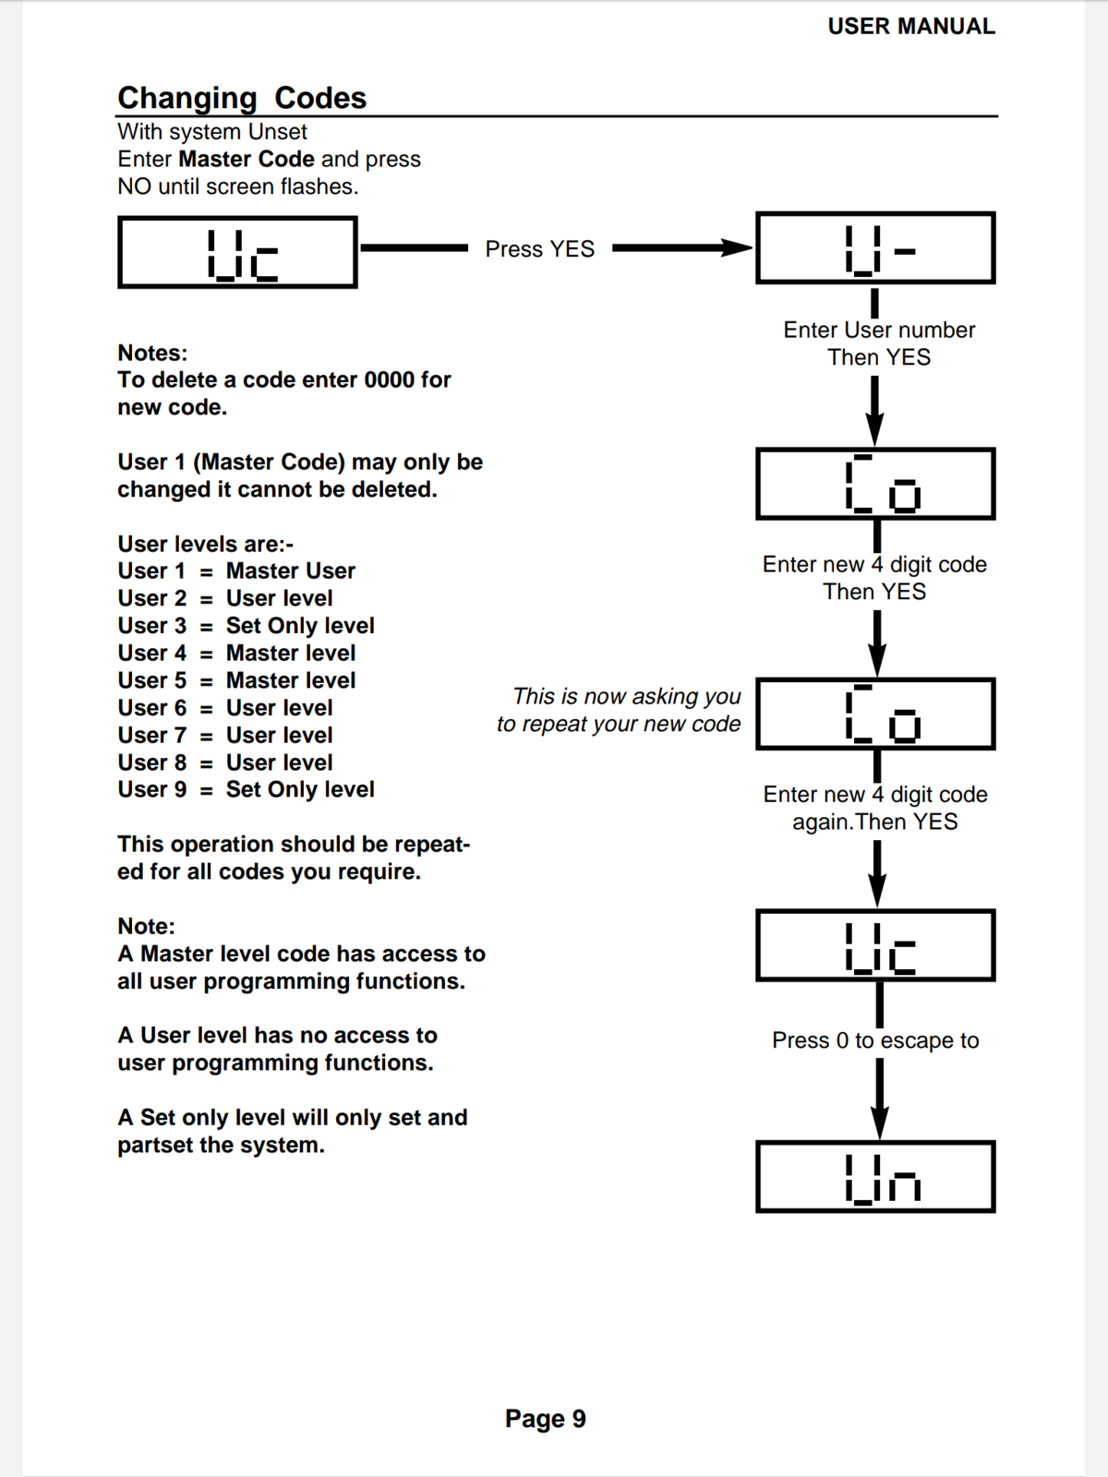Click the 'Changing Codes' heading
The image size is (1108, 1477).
[242, 98]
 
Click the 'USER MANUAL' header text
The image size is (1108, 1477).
[910, 27]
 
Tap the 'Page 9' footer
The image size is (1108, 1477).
[545, 1419]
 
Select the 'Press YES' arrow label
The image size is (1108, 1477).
[540, 249]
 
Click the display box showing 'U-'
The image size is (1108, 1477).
[875, 248]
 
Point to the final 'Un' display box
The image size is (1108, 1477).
[875, 1177]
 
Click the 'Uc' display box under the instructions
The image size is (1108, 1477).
[237, 253]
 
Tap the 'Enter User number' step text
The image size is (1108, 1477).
[879, 330]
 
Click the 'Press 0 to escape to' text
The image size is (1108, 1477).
[875, 1040]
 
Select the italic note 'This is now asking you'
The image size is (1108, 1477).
[627, 696]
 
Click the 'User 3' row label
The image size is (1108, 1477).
[151, 626]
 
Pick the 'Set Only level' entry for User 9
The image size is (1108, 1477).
[300, 790]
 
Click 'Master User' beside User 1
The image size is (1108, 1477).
[291, 571]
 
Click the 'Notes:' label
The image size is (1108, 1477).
[152, 353]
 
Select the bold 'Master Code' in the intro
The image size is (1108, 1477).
[247, 160]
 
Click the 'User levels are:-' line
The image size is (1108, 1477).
[205, 544]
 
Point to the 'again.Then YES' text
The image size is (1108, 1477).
[875, 822]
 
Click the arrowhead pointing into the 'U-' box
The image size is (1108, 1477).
[739, 247]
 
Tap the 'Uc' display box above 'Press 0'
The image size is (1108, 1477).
[875, 945]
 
